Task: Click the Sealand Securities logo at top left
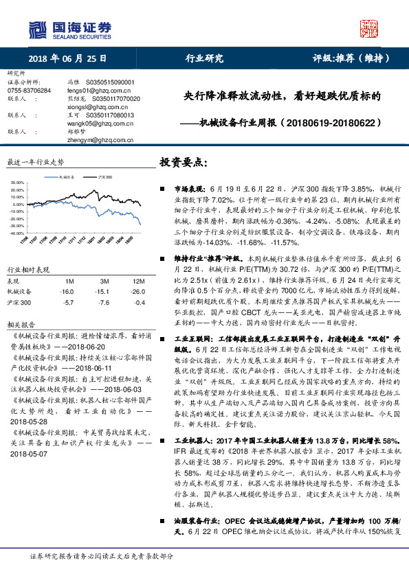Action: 69,30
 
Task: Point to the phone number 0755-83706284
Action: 28,90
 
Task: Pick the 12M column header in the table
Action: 138,281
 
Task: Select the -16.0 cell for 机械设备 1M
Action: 67,291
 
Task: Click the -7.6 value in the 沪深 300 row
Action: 104,302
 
